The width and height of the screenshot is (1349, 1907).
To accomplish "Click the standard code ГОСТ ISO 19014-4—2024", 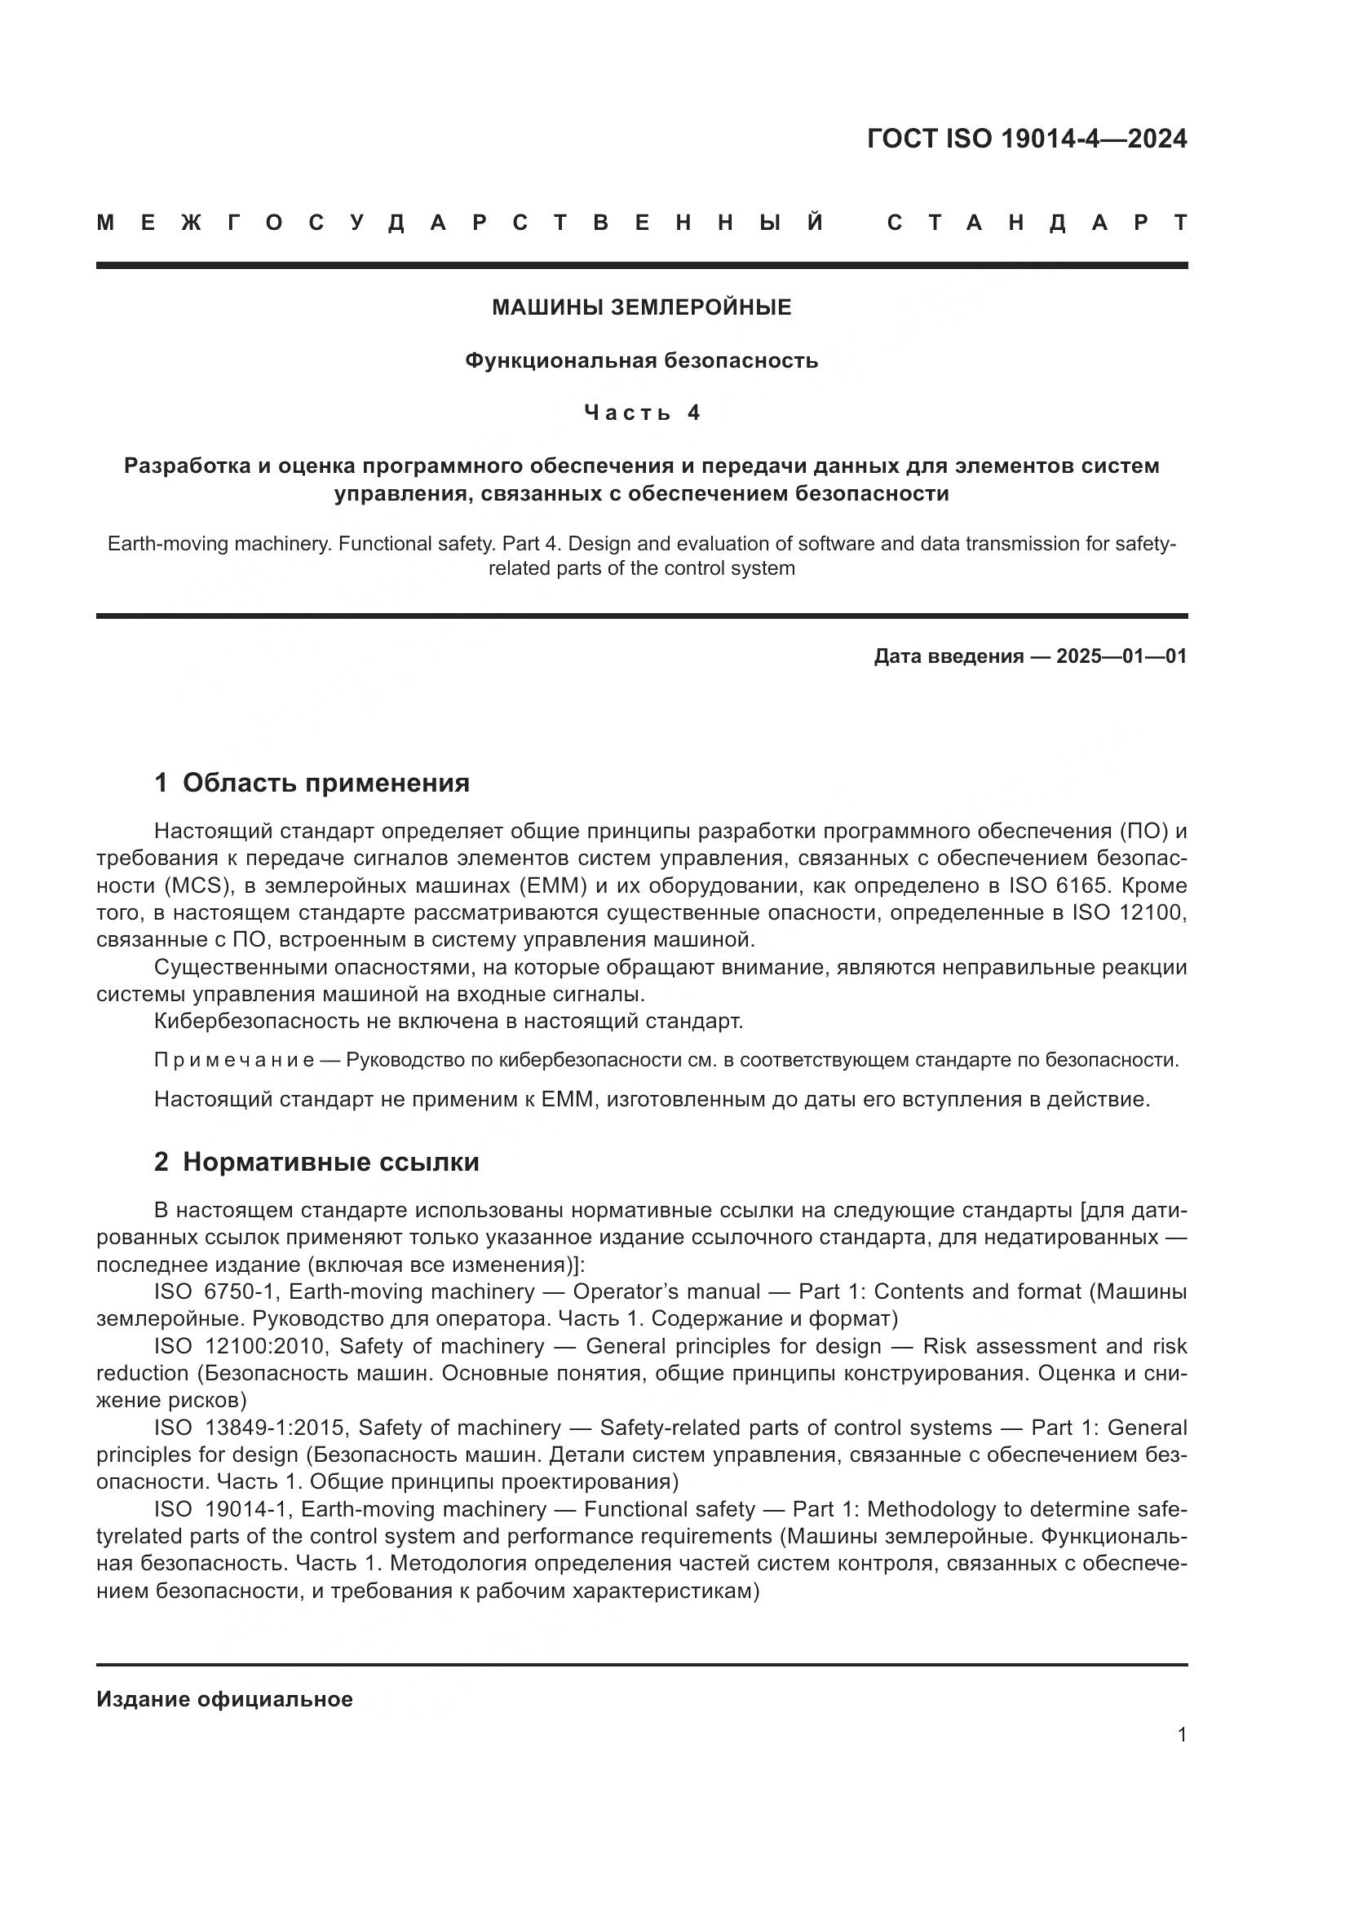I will tap(1027, 139).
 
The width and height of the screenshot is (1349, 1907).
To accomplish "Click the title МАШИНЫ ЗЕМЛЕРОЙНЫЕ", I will tap(641, 307).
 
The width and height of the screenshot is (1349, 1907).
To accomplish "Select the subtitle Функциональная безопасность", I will tap(641, 360).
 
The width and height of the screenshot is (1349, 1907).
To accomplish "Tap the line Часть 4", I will tap(641, 413).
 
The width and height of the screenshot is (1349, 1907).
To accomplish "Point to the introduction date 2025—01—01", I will tap(1121, 656).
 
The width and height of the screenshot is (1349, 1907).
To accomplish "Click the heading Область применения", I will tap(325, 783).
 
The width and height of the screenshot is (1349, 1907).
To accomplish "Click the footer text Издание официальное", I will tap(224, 1699).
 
